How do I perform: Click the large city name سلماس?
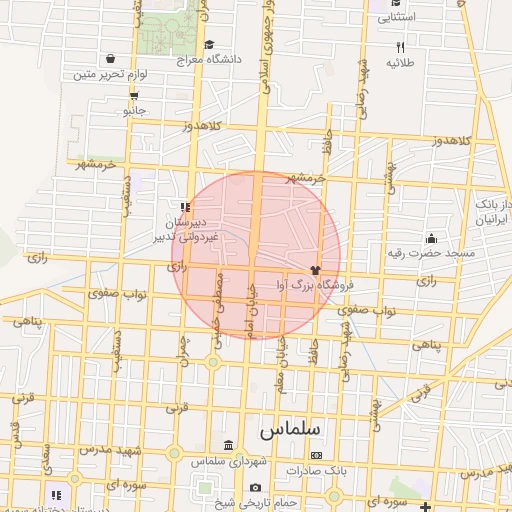[290, 429]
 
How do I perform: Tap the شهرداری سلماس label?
[206, 461]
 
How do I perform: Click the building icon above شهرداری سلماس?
[229, 445]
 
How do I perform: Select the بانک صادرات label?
[316, 470]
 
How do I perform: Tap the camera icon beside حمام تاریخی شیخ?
[255, 487]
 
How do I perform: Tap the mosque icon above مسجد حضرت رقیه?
[431, 238]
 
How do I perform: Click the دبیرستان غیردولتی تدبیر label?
[198, 228]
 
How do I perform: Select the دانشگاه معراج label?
[209, 59]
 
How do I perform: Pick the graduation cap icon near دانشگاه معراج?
[209, 44]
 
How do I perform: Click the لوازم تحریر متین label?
[110, 74]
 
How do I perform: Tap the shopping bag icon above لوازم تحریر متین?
[110, 58]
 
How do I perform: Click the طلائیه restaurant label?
[400, 62]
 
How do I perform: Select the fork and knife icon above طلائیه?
[400, 47]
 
